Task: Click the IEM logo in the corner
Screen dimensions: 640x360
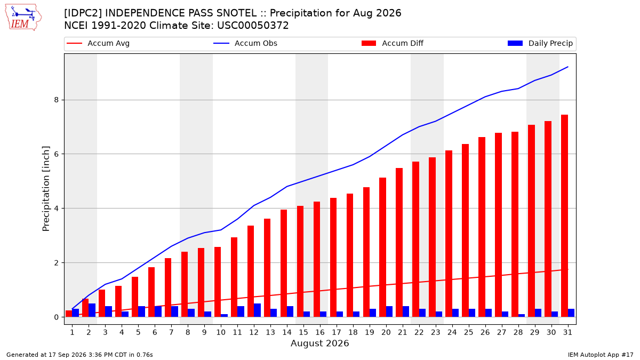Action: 23,18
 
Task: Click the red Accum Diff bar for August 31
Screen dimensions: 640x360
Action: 564,215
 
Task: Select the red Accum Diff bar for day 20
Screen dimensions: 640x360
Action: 382,247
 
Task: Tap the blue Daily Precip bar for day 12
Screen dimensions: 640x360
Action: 257,310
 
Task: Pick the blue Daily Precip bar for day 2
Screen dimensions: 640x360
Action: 92,310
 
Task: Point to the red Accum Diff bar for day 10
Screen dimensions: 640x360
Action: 218,282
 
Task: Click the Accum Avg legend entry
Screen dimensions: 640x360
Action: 98,43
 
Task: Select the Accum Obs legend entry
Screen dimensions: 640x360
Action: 245,43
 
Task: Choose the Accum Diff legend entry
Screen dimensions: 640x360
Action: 393,43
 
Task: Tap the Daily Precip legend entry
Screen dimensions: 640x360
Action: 540,43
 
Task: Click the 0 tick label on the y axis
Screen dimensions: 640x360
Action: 57,317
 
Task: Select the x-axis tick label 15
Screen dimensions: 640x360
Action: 303,332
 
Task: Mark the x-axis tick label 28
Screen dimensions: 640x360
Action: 518,332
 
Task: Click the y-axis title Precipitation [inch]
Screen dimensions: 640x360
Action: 46,189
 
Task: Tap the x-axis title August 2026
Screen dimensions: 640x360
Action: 319,343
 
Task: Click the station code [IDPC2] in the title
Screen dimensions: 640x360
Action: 83,13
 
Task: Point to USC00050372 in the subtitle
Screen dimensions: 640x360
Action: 253,26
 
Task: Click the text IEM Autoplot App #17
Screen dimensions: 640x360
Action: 601,355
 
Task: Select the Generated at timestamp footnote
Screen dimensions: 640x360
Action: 79,355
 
